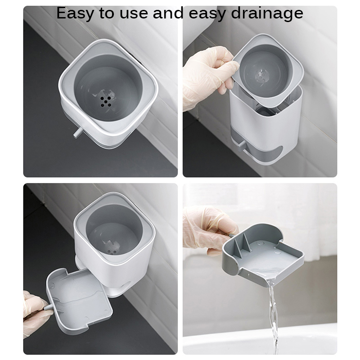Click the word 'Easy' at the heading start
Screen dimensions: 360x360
point(75,13)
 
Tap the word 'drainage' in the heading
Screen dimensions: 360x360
point(267,13)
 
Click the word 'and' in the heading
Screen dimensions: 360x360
point(168,13)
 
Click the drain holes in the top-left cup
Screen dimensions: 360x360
point(105,101)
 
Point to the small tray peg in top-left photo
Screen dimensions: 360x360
point(77,133)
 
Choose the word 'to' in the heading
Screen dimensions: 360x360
point(107,13)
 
